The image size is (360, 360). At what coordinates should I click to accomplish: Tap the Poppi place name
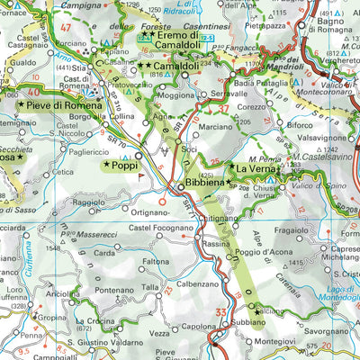point(130,166)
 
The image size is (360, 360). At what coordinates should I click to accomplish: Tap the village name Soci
point(190,146)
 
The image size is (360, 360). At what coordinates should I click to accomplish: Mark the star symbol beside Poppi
point(106,166)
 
